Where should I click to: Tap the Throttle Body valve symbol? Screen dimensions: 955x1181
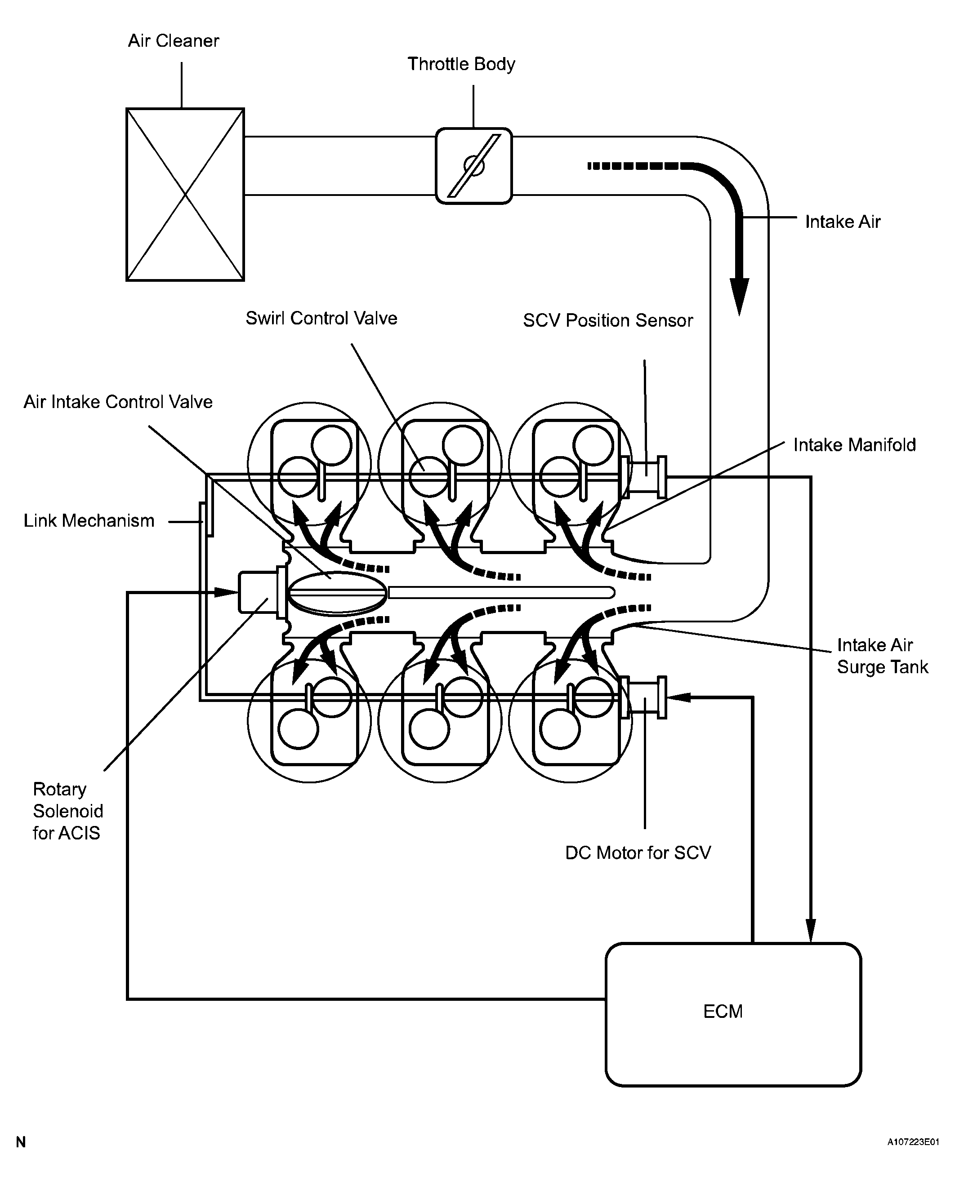pyautogui.click(x=473, y=165)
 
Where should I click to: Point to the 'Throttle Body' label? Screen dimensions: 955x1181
pyautogui.click(x=461, y=64)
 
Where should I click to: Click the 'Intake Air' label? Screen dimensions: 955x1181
pyautogui.click(x=842, y=222)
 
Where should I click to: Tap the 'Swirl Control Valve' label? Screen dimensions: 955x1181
pyautogui.click(x=321, y=318)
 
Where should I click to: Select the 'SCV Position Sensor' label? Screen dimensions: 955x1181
pyautogui.click(x=607, y=320)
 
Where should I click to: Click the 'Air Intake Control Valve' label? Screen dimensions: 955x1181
pyautogui.click(x=118, y=402)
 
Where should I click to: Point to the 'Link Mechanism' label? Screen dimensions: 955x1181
pyautogui.click(x=89, y=521)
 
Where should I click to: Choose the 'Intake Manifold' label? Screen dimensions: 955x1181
pyautogui.click(x=854, y=445)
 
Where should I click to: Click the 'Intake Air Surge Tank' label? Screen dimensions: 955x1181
pyautogui.click(x=882, y=656)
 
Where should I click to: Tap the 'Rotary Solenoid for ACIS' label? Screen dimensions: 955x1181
pyautogui.click(x=67, y=811)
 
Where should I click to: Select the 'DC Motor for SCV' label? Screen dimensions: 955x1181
pyautogui.click(x=638, y=853)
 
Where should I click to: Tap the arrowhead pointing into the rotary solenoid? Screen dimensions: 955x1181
pyautogui.click(x=226, y=592)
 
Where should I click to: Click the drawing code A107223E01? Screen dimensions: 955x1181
pyautogui.click(x=913, y=1142)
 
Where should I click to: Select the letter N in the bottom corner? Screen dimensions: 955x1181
pyautogui.click(x=21, y=1142)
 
